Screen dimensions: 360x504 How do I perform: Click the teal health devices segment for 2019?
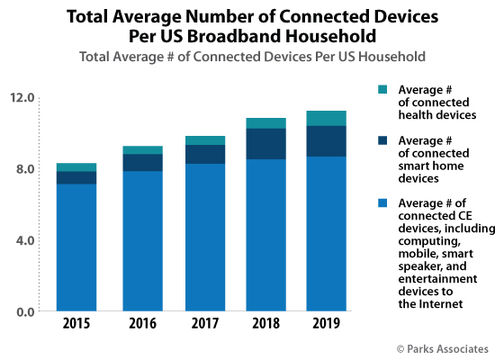pyautogui.click(x=327, y=118)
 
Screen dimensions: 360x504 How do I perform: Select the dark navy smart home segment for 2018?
pyautogui.click(x=265, y=144)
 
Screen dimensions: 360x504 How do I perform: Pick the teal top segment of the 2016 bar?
pyautogui.click(x=143, y=149)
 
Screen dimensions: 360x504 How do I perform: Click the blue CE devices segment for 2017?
pyautogui.click(x=204, y=238)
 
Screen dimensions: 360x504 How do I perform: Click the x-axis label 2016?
pyautogui.click(x=143, y=324)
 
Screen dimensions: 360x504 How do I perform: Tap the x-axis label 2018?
pyautogui.click(x=265, y=324)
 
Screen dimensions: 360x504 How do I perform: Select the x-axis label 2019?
pyautogui.click(x=327, y=324)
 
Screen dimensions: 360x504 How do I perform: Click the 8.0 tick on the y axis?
pyautogui.click(x=25, y=169)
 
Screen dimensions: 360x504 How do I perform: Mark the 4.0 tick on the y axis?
pyautogui.click(x=25, y=240)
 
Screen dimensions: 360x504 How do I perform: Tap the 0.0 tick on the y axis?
pyautogui.click(x=25, y=311)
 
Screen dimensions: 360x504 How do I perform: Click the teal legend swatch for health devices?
pyautogui.click(x=382, y=88)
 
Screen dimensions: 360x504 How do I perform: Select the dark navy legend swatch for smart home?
pyautogui.click(x=382, y=139)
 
